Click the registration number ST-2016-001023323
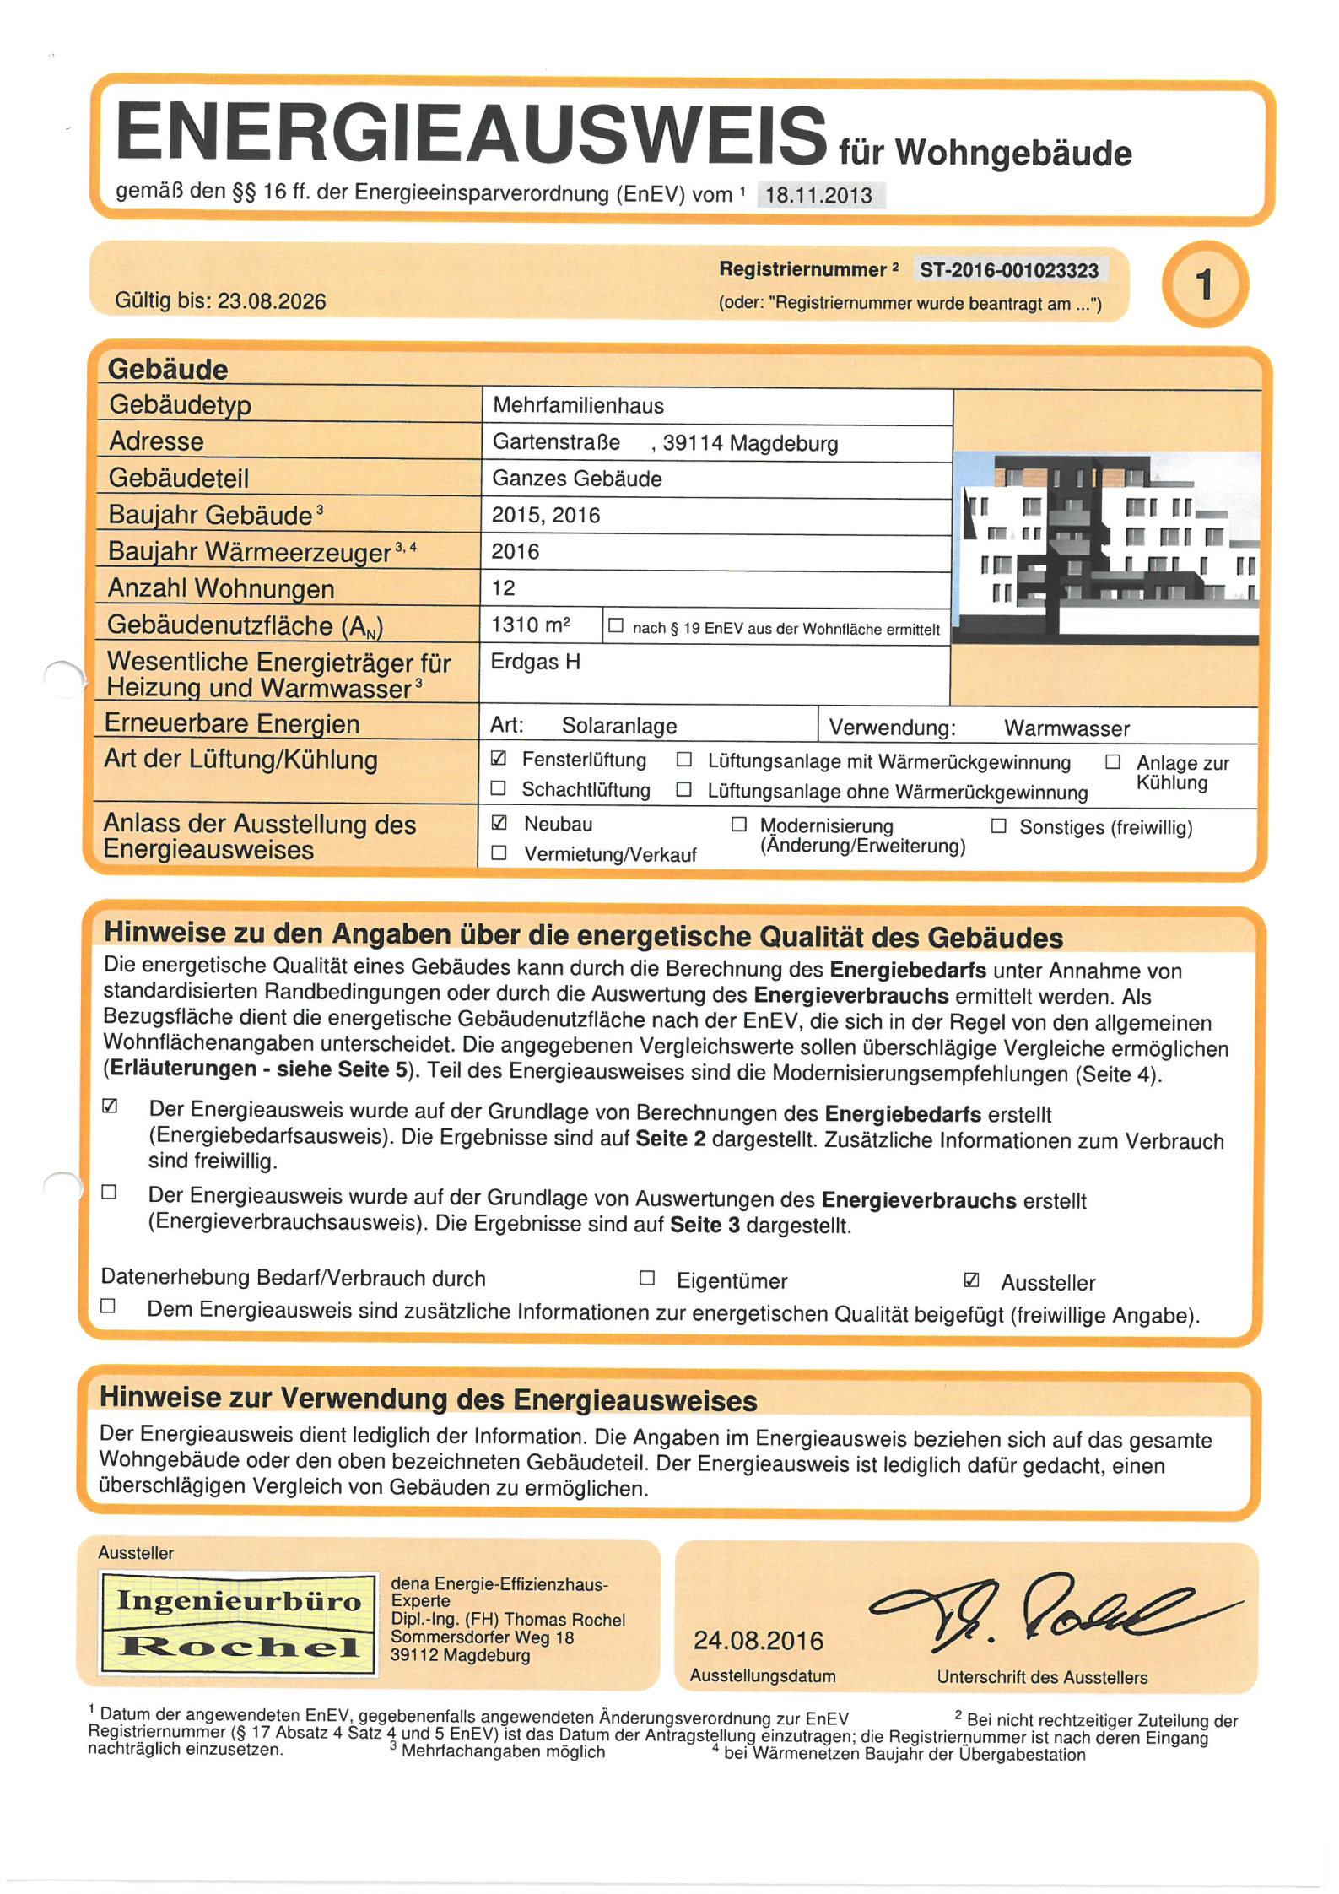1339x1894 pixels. click(x=1008, y=271)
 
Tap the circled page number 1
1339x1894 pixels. click(x=1204, y=284)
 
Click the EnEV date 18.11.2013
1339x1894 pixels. click(x=818, y=195)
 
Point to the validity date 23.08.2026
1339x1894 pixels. click(x=272, y=301)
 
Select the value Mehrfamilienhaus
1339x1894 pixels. click(x=578, y=406)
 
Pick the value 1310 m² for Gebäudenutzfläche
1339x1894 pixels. click(x=531, y=625)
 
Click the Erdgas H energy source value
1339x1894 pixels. click(x=536, y=662)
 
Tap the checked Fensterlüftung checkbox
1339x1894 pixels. click(x=499, y=758)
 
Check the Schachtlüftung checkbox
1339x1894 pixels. click(x=499, y=788)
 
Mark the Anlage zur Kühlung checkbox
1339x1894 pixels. click(x=1113, y=762)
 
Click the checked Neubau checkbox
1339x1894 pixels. click(x=499, y=822)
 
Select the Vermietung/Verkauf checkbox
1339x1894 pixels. click(x=499, y=853)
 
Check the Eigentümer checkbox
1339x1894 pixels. click(x=647, y=1278)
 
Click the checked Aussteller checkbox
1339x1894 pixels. click(x=971, y=1280)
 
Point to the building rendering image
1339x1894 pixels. click(x=1105, y=548)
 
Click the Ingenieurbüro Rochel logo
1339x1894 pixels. click(x=239, y=1622)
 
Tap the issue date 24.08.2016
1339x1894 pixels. click(x=758, y=1641)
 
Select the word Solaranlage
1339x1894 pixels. click(x=619, y=726)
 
